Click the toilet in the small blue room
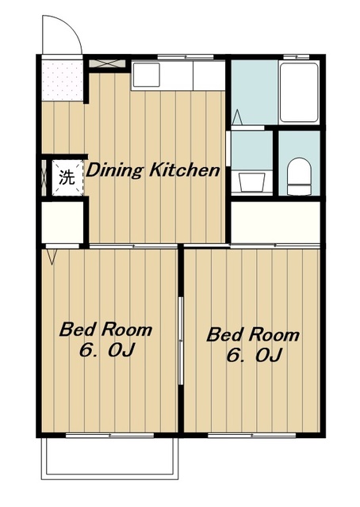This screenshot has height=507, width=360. point(299,176)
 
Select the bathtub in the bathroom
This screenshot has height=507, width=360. point(298,93)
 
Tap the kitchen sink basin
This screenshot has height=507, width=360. point(147,75)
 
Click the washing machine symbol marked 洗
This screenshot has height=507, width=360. point(67,177)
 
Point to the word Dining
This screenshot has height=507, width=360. point(114,170)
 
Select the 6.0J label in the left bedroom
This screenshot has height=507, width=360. point(106,350)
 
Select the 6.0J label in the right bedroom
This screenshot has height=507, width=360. point(254,356)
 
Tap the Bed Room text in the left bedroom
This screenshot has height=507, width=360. point(105,330)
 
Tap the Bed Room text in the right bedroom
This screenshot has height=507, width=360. point(253,334)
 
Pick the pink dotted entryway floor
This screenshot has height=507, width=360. point(62,80)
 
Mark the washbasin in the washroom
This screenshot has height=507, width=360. point(252,181)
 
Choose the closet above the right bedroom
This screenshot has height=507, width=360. point(276,222)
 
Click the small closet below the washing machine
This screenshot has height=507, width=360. point(63,222)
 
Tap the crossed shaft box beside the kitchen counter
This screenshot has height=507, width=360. point(107,63)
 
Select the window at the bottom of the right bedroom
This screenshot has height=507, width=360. point(252,435)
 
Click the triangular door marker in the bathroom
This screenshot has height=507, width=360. point(237,117)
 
